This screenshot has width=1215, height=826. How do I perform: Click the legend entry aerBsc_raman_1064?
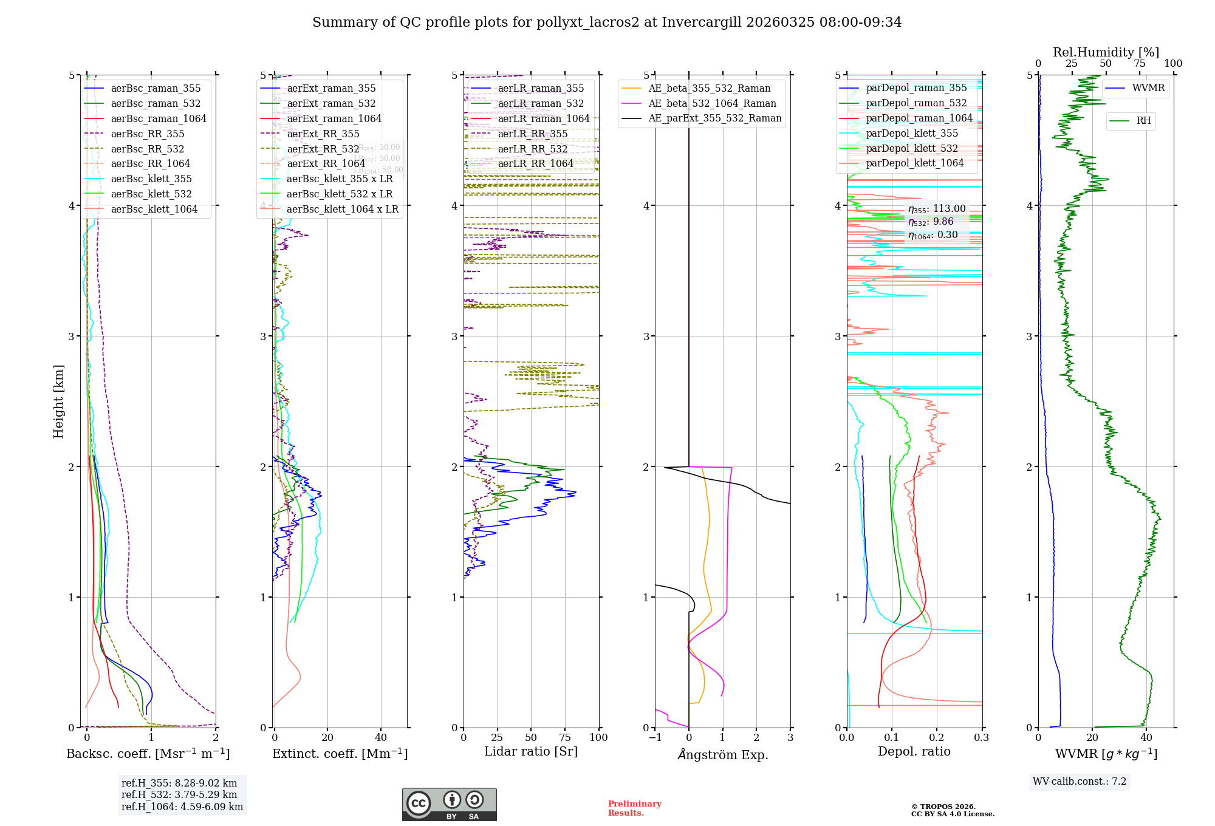[x=159, y=119]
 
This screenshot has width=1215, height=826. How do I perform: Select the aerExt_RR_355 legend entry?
[x=323, y=134]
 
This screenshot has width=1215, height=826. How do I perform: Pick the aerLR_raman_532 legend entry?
[x=541, y=104]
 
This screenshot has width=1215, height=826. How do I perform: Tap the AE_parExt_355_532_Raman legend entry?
[x=714, y=118]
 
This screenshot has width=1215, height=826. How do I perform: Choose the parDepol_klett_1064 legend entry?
[x=915, y=163]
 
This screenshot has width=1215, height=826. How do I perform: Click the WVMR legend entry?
[x=1148, y=88]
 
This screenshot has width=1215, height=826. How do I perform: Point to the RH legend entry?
[x=1143, y=121]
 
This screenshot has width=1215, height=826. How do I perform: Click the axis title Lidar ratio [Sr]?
[x=530, y=752]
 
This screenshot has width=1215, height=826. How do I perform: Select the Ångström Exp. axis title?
[x=723, y=755]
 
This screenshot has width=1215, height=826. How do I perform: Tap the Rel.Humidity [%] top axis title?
[x=1106, y=52]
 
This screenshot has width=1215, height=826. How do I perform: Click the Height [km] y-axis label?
[x=58, y=401]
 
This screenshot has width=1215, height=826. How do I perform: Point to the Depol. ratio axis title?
[x=914, y=752]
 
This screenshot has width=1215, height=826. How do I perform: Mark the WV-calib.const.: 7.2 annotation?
[x=1080, y=782]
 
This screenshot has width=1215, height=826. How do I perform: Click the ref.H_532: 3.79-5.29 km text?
[x=179, y=795]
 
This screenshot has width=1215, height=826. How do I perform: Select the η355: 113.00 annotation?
[x=937, y=209]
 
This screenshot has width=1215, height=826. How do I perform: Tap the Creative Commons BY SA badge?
[x=449, y=805]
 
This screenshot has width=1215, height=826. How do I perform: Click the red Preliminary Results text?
[x=634, y=808]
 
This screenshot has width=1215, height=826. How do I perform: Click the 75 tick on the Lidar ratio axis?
[x=565, y=738]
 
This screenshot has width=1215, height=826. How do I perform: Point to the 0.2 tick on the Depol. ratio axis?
[x=937, y=738]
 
